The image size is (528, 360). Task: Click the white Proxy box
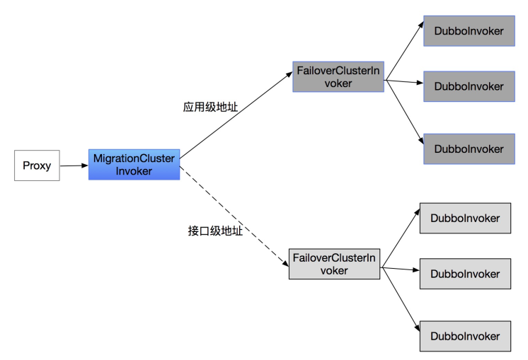coord(36,165)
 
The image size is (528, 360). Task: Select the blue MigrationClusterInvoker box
coord(134,164)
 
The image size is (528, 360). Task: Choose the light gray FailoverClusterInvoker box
coord(335,263)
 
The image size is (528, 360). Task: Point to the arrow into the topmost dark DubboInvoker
coord(403,57)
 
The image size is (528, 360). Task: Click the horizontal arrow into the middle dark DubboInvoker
coord(403,83)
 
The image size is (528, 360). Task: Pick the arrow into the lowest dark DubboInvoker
coord(403,115)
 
